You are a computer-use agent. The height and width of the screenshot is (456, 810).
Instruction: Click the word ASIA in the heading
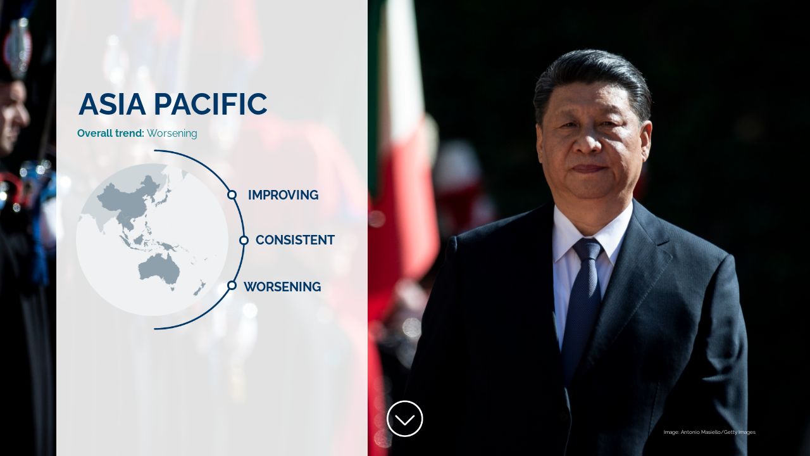(112, 104)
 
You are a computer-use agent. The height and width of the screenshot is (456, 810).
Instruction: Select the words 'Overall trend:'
(111, 134)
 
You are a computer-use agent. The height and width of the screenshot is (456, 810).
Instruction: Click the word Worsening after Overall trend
(172, 134)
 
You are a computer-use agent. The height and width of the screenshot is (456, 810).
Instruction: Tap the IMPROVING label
(283, 195)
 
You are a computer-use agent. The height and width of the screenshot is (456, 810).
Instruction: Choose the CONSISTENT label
(295, 240)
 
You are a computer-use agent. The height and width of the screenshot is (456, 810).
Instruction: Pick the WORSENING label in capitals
(282, 287)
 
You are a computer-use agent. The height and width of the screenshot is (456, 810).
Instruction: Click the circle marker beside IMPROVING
(232, 195)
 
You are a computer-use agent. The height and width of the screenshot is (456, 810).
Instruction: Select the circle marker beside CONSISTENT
(244, 240)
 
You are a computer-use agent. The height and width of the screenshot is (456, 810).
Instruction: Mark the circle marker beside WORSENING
(232, 286)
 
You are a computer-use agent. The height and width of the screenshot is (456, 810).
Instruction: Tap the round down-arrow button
(404, 419)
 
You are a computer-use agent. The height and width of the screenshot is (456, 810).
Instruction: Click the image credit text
(709, 432)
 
